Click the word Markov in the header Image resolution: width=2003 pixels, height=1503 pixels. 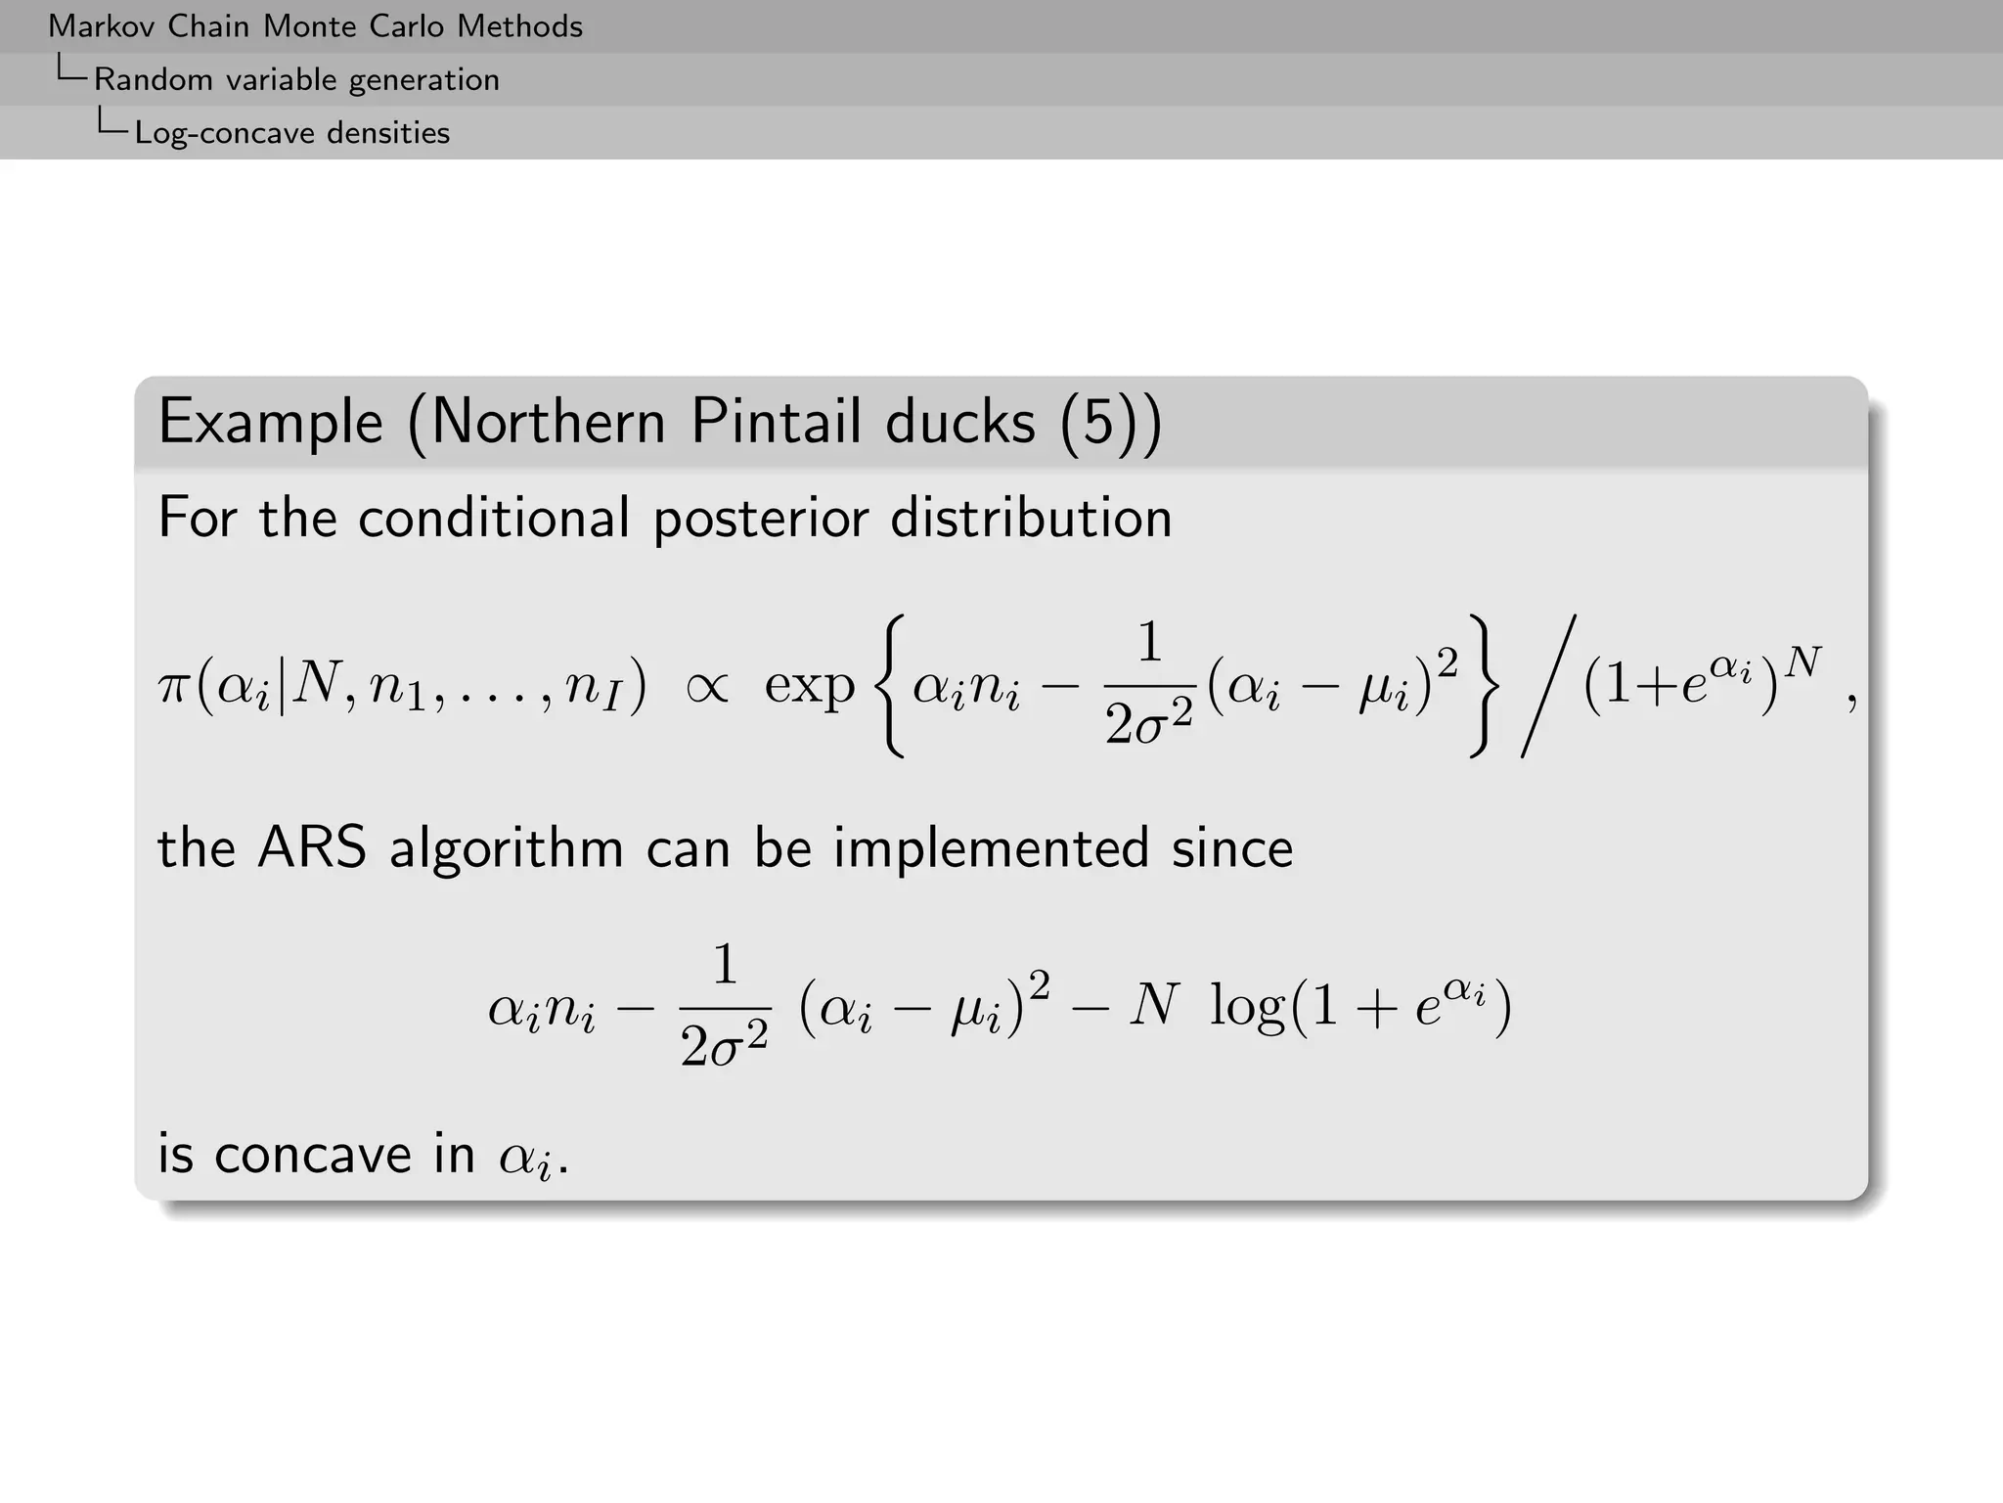tap(102, 26)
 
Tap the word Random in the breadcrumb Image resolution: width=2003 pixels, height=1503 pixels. tap(154, 79)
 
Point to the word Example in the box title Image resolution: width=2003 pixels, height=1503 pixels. tap(271, 423)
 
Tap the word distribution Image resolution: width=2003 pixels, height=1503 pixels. tap(1031, 518)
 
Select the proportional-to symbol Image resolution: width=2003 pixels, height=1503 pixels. tap(706, 686)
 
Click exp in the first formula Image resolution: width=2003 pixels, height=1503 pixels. tap(809, 686)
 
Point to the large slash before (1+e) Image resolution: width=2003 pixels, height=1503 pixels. tap(1549, 686)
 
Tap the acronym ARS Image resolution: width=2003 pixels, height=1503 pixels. tap(311, 847)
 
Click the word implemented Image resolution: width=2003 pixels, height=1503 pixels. tap(991, 847)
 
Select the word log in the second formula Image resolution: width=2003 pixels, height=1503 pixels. tap(1247, 1006)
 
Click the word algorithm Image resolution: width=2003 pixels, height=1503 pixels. tap(506, 847)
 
